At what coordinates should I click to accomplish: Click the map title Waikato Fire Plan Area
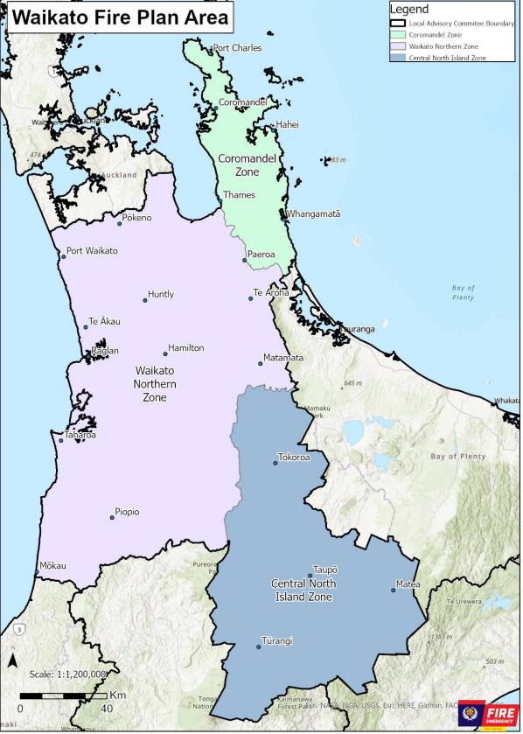click(x=122, y=17)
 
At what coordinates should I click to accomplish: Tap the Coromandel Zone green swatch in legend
click(x=398, y=34)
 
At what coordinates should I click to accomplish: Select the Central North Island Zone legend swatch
click(x=398, y=57)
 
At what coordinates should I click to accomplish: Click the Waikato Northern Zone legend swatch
click(x=398, y=45)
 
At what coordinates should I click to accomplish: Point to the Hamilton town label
click(x=185, y=348)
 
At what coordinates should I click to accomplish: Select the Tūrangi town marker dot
click(x=259, y=647)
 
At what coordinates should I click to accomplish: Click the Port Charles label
click(x=237, y=48)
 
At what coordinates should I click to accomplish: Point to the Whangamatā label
click(x=314, y=214)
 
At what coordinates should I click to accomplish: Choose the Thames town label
click(x=239, y=195)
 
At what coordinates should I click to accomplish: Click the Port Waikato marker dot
click(x=62, y=257)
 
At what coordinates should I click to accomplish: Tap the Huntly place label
click(x=161, y=295)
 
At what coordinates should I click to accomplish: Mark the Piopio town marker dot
click(x=112, y=518)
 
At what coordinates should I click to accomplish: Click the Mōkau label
click(x=52, y=566)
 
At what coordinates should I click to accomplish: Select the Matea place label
click(x=408, y=584)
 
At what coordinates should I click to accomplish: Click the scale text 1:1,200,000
click(x=67, y=675)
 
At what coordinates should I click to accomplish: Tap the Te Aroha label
click(x=271, y=292)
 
